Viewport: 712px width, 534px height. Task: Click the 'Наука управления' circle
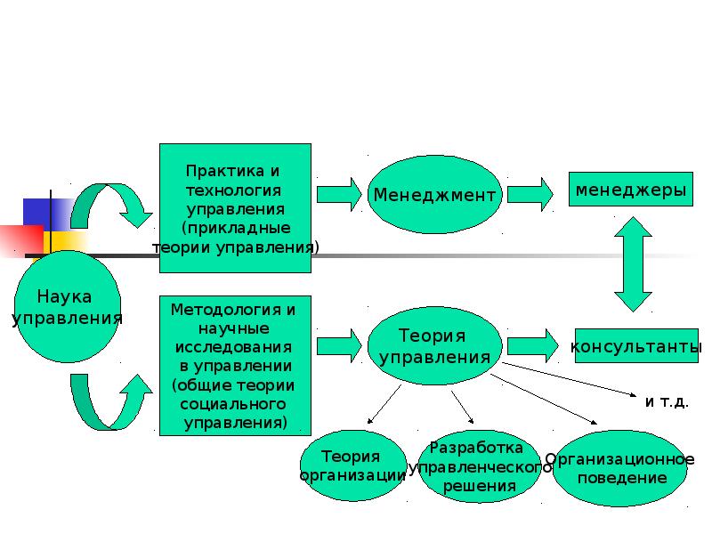[x=68, y=307]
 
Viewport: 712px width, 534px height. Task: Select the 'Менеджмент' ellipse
[x=434, y=194]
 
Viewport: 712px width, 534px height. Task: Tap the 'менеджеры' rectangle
[x=631, y=190]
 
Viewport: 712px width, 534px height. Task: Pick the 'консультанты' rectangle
[x=636, y=346]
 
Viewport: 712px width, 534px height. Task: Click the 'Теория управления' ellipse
[x=434, y=346]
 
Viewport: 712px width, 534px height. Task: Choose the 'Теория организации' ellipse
[x=353, y=465]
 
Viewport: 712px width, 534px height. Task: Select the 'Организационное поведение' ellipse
[x=619, y=468]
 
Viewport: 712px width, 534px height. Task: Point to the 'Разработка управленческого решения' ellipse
[x=480, y=466]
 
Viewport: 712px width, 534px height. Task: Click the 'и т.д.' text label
[x=667, y=402]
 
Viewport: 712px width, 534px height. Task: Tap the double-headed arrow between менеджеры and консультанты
[x=633, y=264]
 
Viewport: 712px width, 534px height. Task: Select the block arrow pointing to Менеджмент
[x=339, y=194]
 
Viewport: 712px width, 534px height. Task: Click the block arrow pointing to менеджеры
[x=530, y=194]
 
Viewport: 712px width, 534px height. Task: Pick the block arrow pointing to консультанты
[x=532, y=346]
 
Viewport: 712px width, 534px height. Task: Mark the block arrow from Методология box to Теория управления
[x=339, y=346]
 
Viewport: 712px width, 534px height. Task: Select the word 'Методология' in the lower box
[x=226, y=310]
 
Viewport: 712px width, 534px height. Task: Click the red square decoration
[x=21, y=240]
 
